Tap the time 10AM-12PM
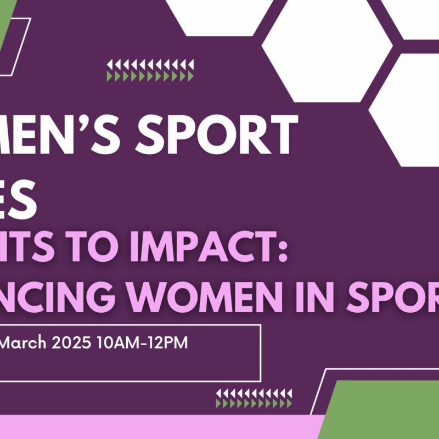(x=142, y=343)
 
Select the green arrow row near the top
(x=150, y=77)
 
